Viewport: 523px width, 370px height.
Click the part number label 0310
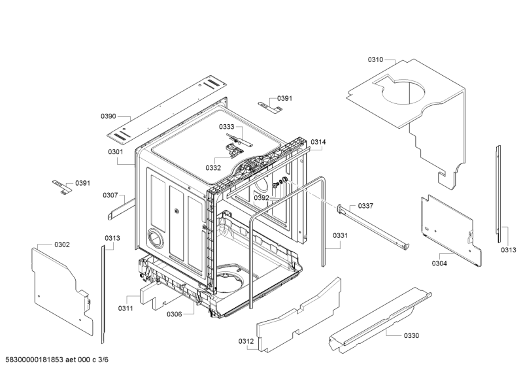(375, 59)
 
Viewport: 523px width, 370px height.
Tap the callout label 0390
(108, 116)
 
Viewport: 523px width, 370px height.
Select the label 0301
(116, 152)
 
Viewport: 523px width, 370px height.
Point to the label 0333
(226, 127)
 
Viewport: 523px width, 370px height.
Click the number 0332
(213, 168)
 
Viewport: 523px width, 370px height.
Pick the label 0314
(318, 142)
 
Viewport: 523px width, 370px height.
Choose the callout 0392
(261, 197)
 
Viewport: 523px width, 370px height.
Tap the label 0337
(365, 206)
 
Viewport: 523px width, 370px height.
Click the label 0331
(340, 236)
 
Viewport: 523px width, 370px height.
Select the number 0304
(439, 263)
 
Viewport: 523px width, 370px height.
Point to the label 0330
(411, 335)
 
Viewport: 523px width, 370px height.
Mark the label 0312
(246, 341)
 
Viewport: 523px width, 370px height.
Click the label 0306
(174, 314)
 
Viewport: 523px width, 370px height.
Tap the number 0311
(126, 308)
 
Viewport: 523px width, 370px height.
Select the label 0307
(110, 195)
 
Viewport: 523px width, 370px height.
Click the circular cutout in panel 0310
(403, 92)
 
